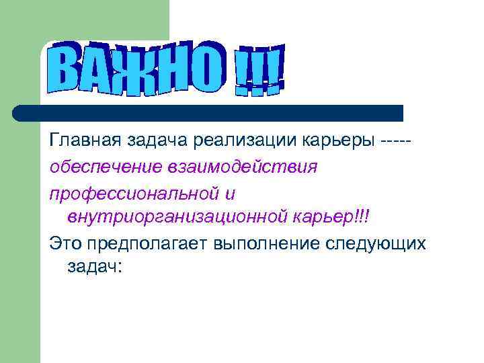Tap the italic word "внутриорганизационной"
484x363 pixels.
(x=177, y=217)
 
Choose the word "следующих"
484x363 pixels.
(x=377, y=243)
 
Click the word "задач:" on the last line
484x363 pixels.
(x=95, y=267)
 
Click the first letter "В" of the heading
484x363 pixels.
(x=67, y=68)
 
